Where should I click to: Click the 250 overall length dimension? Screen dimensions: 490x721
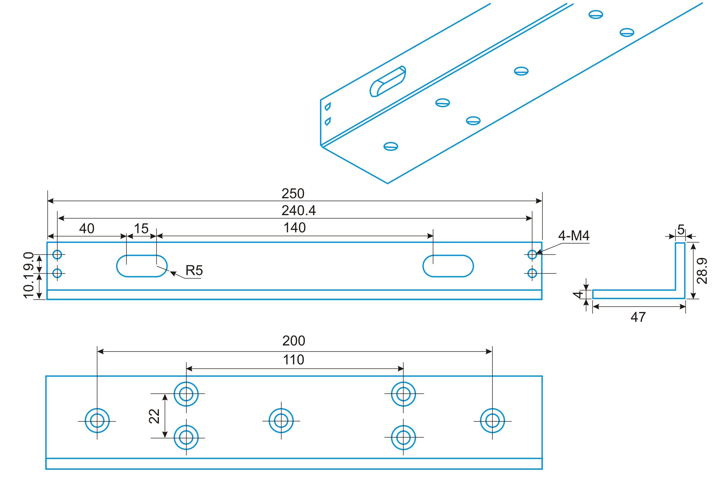[293, 194]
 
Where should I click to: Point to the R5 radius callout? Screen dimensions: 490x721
[194, 270]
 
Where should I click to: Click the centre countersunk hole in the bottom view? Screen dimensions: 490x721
[281, 421]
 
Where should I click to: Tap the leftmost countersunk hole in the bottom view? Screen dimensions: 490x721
[97, 421]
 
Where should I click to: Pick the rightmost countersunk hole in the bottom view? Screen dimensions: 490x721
[492, 421]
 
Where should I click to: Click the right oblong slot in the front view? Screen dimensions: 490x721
[448, 266]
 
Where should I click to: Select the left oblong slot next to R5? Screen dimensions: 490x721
[142, 266]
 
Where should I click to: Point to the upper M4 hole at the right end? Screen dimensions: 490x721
[532, 255]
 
